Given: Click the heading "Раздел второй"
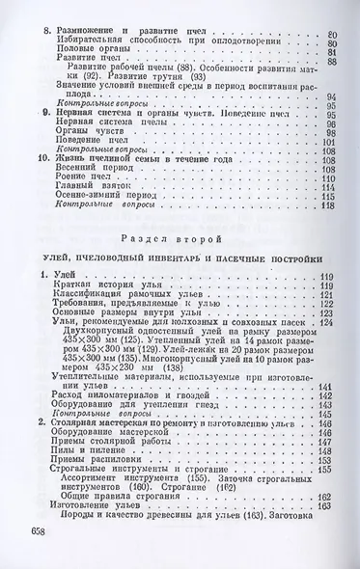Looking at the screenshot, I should click(x=179, y=234).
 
